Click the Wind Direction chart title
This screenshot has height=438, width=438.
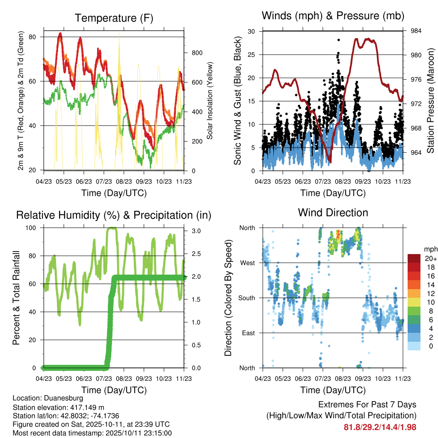point(333,213)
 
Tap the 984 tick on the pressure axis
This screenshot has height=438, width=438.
point(417,31)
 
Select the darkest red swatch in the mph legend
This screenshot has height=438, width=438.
point(414,258)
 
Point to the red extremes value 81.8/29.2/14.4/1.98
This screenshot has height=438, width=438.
point(380,427)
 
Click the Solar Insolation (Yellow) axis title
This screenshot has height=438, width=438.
point(210,101)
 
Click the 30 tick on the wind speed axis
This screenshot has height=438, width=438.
point(252,31)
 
